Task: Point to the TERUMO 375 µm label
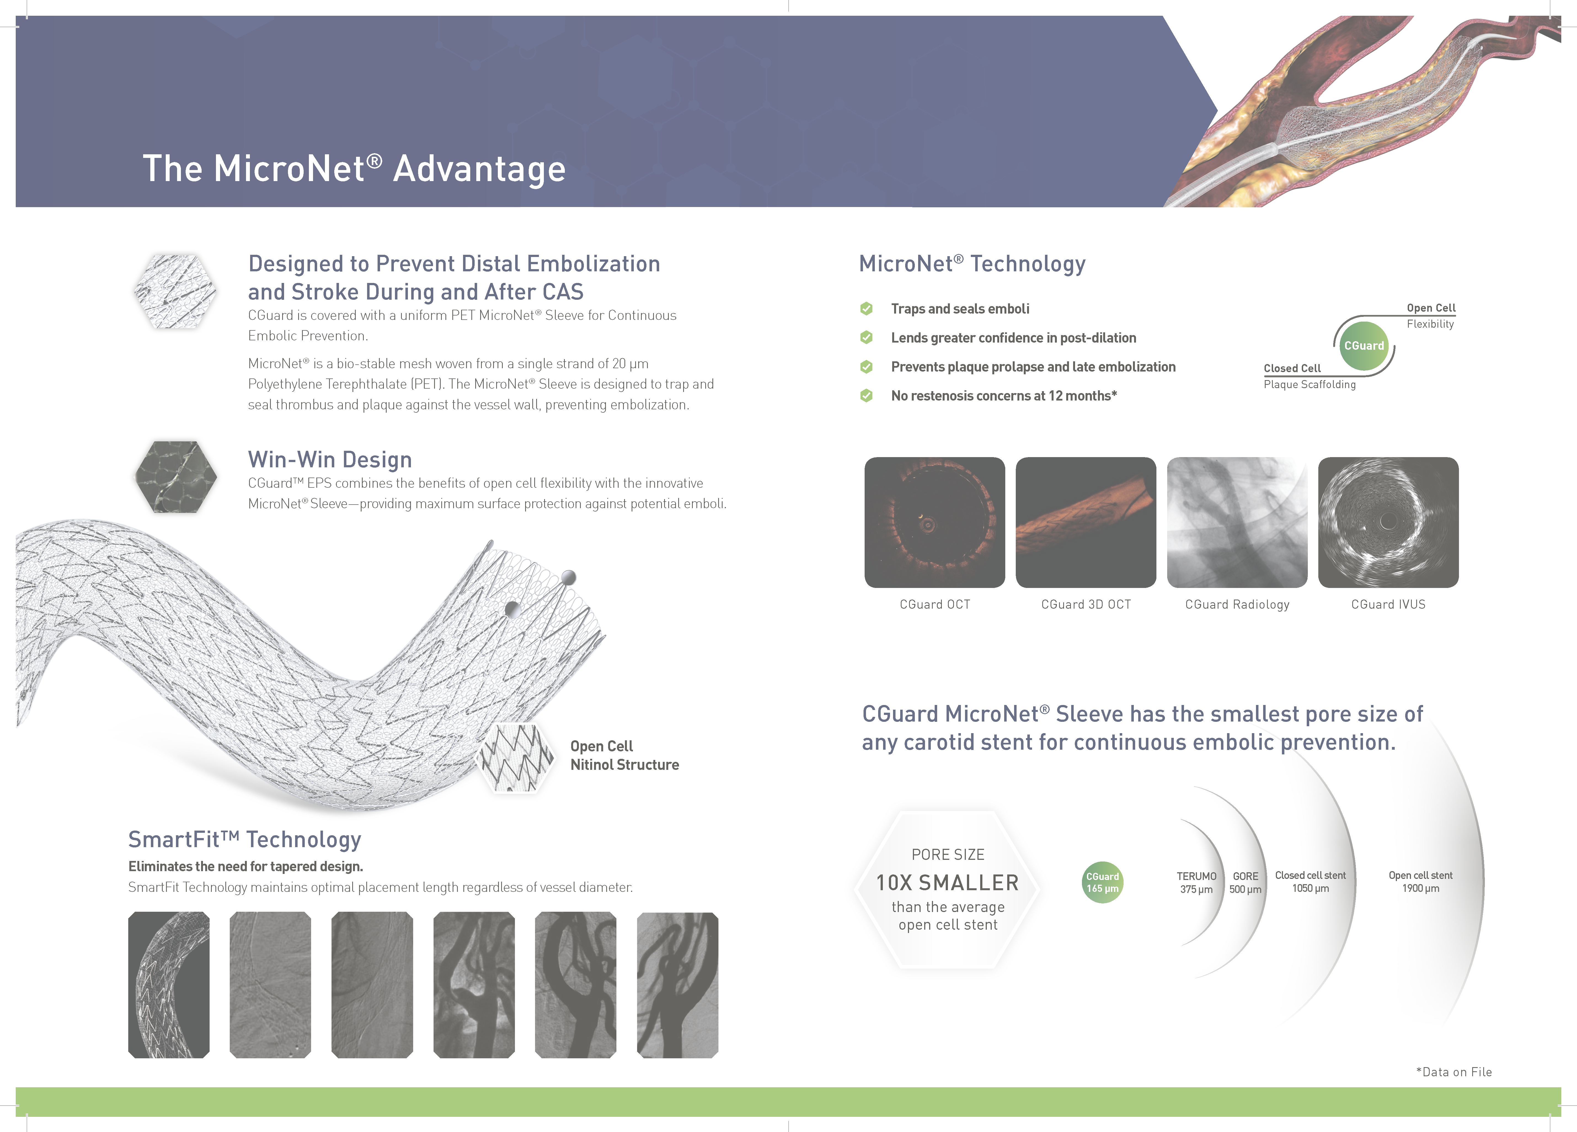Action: click(1196, 882)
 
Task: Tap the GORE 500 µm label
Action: click(1245, 882)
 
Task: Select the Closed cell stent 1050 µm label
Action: click(1310, 882)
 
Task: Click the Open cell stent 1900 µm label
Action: click(1421, 882)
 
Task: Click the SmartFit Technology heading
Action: click(245, 840)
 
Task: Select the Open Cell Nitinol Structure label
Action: click(624, 755)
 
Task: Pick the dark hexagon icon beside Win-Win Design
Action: click(175, 477)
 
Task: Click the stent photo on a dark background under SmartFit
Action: click(169, 985)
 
